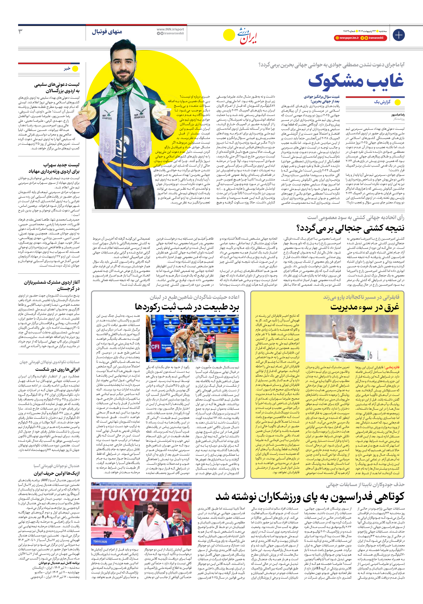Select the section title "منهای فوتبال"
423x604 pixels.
(107, 32)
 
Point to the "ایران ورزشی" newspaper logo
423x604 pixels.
(247, 35)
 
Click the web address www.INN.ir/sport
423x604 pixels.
(170, 29)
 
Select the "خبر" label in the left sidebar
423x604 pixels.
(67, 69)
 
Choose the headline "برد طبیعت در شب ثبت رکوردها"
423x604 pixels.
(187, 307)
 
